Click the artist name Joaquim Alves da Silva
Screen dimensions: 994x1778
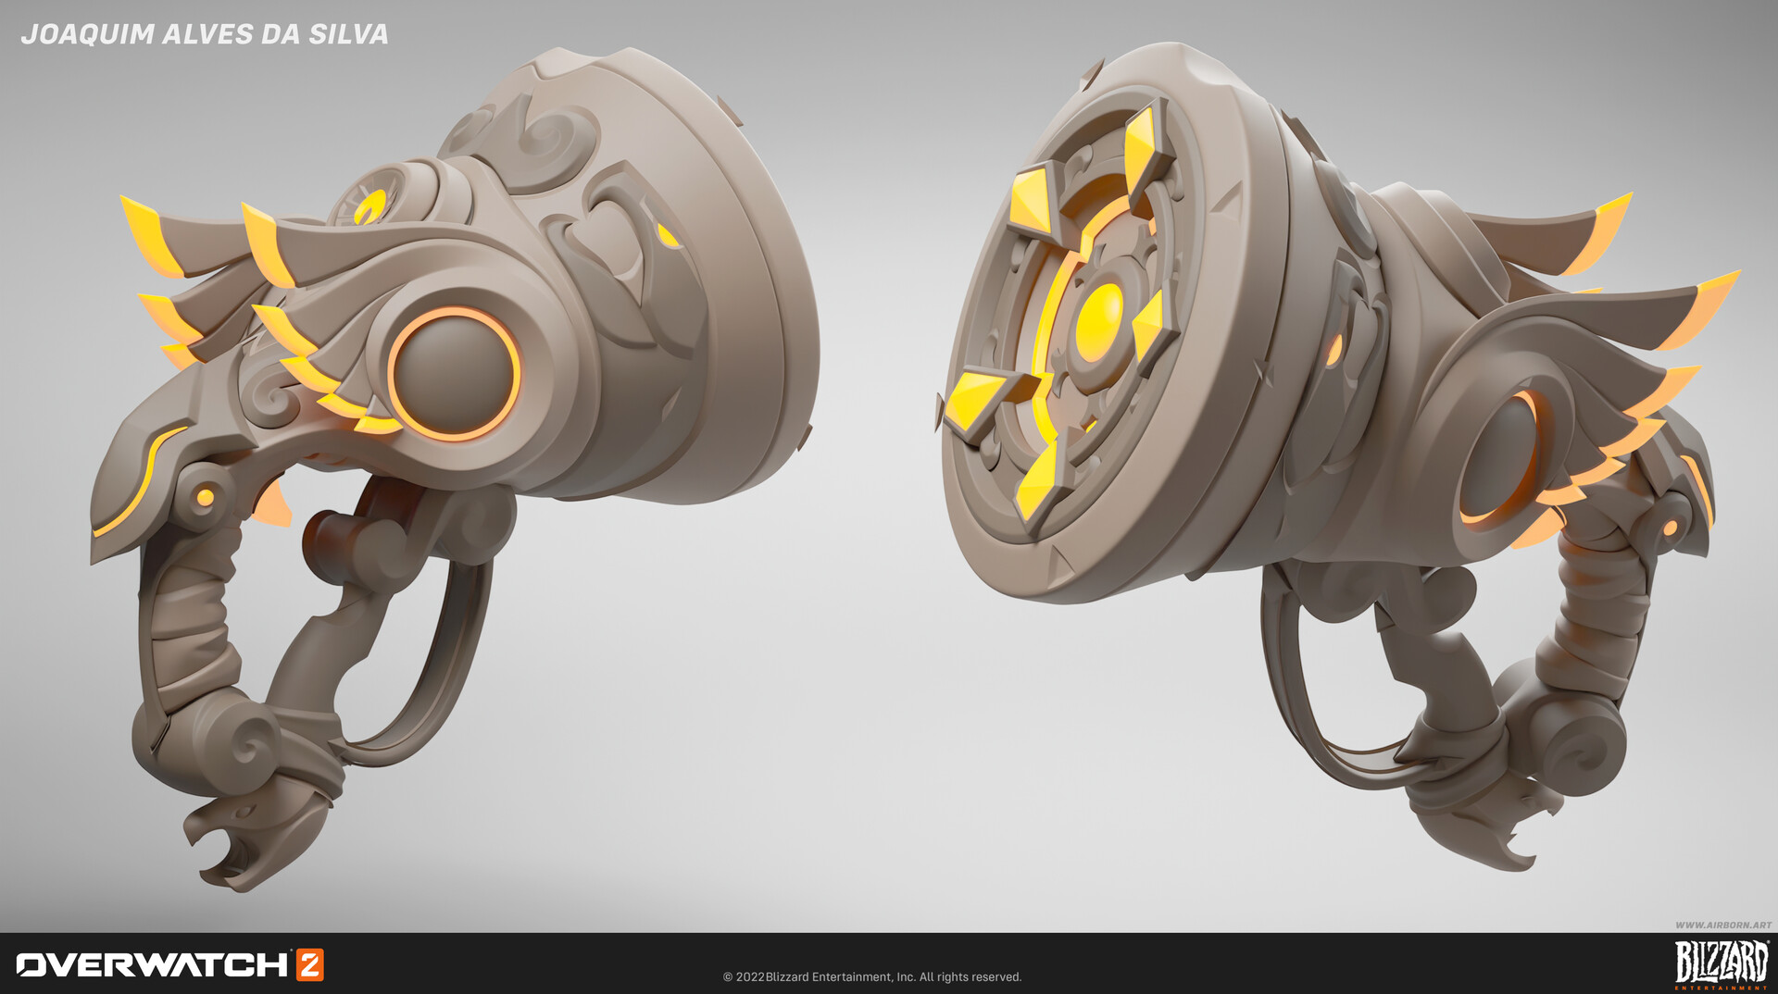click(204, 34)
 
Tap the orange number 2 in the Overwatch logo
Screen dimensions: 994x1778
click(309, 964)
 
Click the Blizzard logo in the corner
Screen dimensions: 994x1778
click(1721, 963)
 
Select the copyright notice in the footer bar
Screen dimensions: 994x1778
click(871, 977)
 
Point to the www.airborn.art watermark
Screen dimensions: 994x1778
click(1722, 925)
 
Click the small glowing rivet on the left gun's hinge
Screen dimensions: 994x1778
click(206, 497)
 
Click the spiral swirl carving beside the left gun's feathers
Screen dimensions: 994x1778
click(269, 398)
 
